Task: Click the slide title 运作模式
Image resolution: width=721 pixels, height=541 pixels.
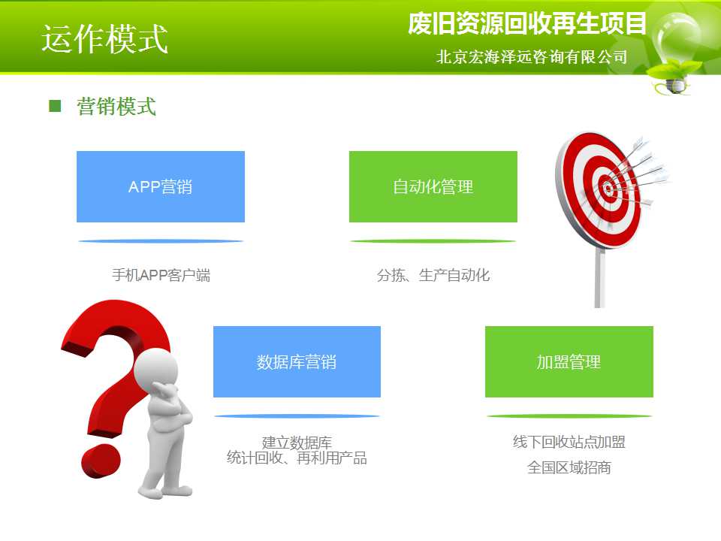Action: point(105,39)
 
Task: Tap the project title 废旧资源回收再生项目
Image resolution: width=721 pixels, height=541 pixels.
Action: point(527,23)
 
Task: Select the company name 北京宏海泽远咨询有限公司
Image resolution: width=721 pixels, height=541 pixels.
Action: point(532,57)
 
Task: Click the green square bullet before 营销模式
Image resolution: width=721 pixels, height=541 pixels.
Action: point(55,106)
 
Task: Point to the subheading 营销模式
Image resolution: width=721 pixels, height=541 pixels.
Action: point(116,106)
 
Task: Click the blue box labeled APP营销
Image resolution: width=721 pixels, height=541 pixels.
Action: point(161,187)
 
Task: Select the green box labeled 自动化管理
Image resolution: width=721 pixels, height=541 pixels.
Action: point(433,187)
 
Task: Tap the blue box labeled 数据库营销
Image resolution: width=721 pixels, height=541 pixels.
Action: point(297,361)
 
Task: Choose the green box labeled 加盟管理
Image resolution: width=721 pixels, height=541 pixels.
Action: point(569,361)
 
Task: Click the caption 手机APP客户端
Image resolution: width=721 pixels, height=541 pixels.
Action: point(161,275)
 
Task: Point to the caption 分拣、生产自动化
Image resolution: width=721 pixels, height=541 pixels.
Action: point(433,275)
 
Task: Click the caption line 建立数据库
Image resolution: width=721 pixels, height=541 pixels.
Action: point(297,443)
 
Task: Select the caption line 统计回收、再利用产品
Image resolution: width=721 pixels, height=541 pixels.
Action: point(297,458)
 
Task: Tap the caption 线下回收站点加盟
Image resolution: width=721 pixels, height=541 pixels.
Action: point(569,442)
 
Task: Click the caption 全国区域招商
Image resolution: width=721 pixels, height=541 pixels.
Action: point(569,468)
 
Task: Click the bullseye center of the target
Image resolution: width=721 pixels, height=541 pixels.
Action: point(608,188)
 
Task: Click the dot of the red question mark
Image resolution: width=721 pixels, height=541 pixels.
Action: point(101,461)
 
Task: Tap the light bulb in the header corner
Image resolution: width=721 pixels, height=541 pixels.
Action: point(676,50)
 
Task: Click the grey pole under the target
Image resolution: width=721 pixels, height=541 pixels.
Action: point(599,278)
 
